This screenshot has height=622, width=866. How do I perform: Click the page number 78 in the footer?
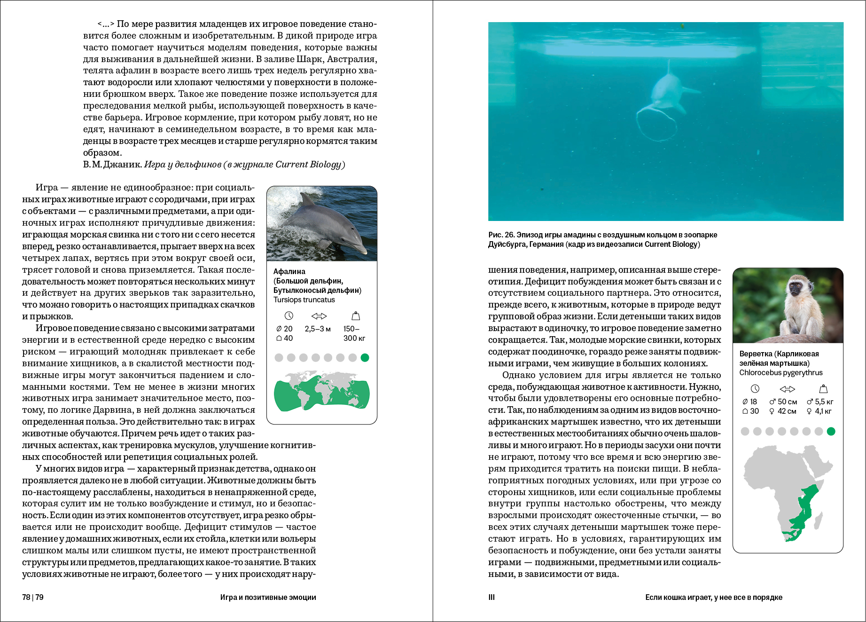(26, 597)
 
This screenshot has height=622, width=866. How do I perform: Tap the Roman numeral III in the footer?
(492, 597)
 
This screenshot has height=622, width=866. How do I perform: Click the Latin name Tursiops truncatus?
(304, 300)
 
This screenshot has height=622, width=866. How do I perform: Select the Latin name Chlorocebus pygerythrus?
(780, 373)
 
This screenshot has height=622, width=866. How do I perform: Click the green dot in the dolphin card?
(365, 358)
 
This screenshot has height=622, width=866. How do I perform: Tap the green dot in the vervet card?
(831, 431)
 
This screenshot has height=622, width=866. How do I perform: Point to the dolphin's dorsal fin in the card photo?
(307, 199)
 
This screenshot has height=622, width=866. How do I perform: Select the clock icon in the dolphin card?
(289, 316)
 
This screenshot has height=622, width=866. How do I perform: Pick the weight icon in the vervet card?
(823, 389)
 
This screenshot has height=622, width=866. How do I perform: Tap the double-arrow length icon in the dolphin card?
(319, 316)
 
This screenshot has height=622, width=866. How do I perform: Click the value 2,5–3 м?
(318, 329)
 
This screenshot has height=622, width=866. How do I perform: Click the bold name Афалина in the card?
(289, 271)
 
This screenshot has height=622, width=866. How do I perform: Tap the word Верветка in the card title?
(756, 354)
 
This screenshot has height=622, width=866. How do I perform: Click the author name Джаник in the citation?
(122, 165)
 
